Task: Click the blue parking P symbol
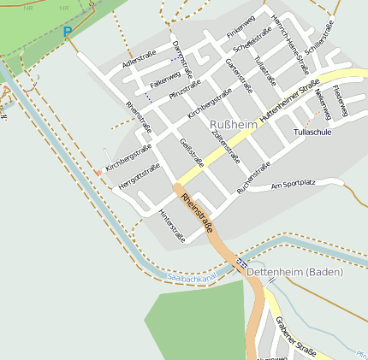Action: coord(68,32)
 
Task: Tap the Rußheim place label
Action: coord(233,125)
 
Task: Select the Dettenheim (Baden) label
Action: coord(294,272)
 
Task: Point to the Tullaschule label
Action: coord(312,133)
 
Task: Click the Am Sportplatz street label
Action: coord(293,184)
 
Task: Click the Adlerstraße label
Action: coord(141,62)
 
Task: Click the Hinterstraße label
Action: coord(171,226)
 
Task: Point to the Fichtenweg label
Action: coord(339,102)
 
